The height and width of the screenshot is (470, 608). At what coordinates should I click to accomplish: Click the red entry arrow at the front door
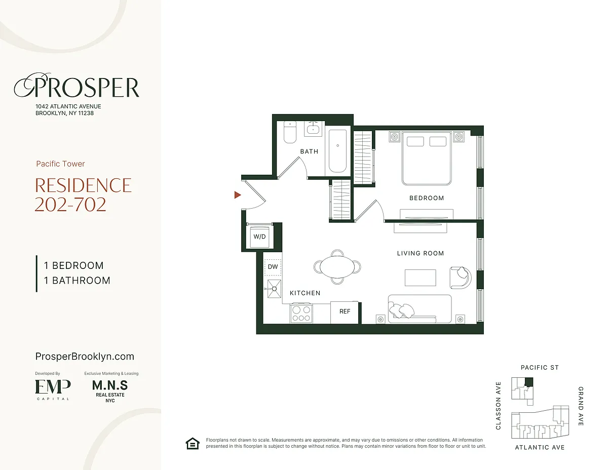(x=237, y=195)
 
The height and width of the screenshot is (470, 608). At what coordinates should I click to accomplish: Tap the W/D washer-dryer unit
(x=259, y=237)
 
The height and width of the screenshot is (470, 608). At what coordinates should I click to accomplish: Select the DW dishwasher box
(x=273, y=267)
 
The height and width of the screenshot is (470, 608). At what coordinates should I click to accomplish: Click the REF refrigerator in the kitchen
(x=345, y=312)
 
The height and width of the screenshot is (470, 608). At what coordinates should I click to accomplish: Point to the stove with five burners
(x=301, y=313)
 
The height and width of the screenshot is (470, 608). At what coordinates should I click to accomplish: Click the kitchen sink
(x=274, y=289)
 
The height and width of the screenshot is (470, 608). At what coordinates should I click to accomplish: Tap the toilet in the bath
(x=290, y=132)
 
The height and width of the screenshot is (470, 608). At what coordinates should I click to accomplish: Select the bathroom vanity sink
(x=314, y=129)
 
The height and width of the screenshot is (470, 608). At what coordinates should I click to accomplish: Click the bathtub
(x=338, y=151)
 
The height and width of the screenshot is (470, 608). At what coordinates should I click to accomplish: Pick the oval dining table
(x=337, y=267)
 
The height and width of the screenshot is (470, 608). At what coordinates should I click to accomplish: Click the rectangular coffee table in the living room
(x=420, y=278)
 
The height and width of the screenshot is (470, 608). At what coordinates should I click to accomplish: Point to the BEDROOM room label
(x=427, y=198)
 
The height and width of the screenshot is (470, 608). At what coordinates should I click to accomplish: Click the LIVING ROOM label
(x=420, y=253)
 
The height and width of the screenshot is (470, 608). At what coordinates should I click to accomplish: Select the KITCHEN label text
(x=305, y=293)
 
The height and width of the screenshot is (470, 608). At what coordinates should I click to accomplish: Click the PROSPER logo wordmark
(x=77, y=86)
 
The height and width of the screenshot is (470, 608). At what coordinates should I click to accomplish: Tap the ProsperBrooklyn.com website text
(x=85, y=357)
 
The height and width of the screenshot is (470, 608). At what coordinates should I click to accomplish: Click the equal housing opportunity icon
(x=193, y=443)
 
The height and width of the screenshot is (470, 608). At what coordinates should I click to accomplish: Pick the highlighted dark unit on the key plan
(x=528, y=382)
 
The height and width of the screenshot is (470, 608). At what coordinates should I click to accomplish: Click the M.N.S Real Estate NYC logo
(x=110, y=390)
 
